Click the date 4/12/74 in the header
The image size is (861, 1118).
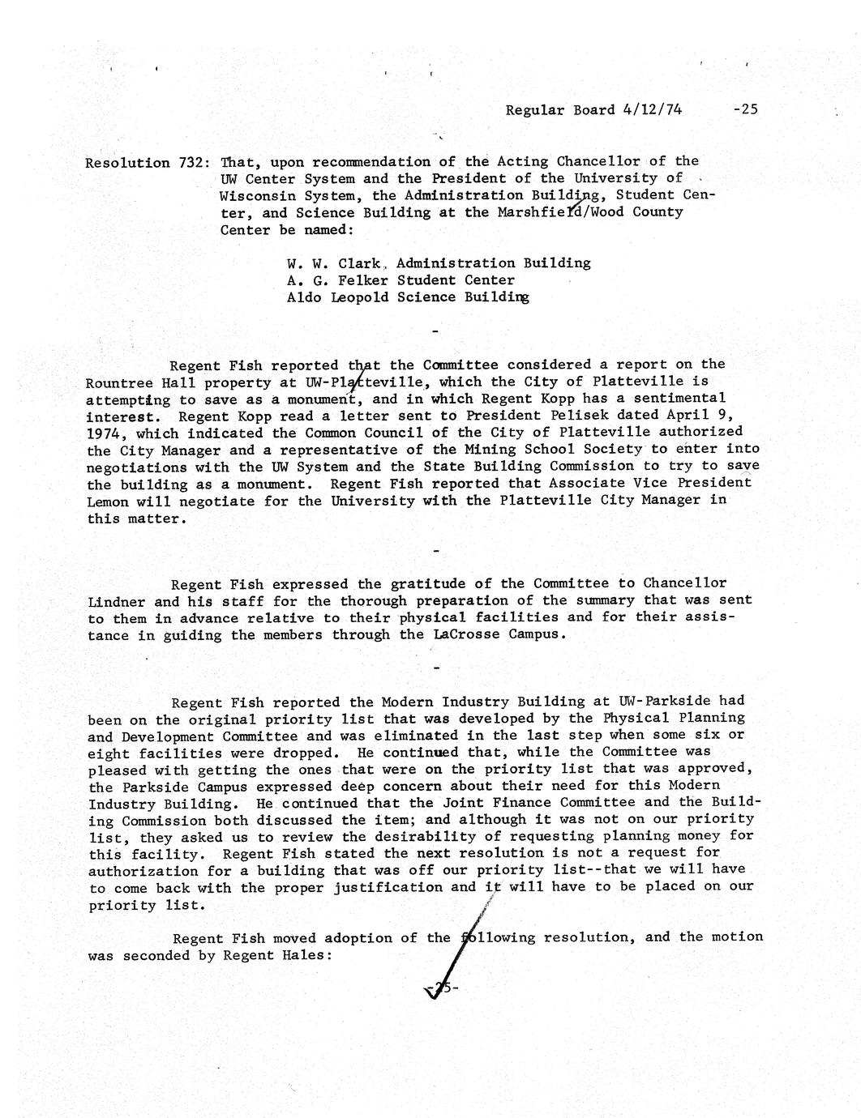click(x=652, y=109)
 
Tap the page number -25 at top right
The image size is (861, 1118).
click(x=744, y=109)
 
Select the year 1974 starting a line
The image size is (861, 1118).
click(x=105, y=433)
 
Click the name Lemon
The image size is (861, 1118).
click(x=107, y=501)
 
